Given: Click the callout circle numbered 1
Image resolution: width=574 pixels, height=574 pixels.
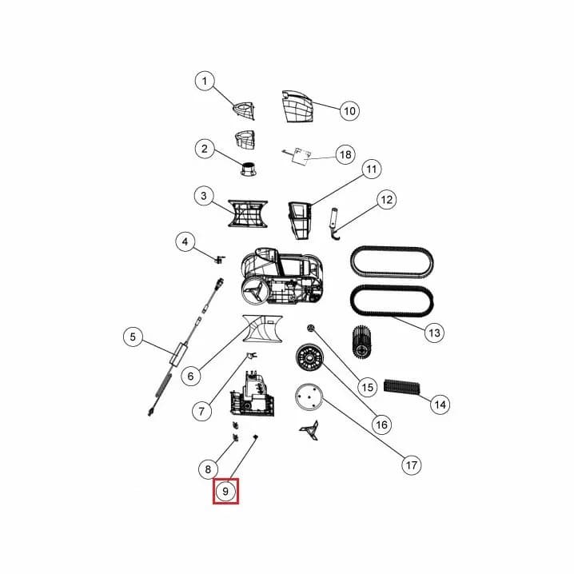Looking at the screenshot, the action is [205, 81].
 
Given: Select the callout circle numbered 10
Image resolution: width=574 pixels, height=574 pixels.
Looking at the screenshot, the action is [349, 110].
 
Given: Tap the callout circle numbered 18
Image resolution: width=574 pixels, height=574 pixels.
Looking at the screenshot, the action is [345, 154].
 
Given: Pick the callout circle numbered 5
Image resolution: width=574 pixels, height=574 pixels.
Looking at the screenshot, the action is [133, 337].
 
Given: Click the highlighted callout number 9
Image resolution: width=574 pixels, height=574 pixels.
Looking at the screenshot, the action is [225, 491].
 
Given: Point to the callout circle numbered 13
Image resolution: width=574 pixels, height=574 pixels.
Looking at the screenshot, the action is [434, 333].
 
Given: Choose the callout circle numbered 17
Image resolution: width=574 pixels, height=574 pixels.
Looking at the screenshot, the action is [411, 465].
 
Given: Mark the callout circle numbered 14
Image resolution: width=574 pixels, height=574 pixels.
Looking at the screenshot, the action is [440, 405].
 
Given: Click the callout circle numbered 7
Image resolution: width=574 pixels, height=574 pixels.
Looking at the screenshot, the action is [201, 411].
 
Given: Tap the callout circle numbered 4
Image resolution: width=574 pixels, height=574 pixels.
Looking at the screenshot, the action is [185, 241].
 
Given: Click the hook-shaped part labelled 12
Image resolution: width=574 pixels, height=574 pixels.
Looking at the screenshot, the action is [335, 225].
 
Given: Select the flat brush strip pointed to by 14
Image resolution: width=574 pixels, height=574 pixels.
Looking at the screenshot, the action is [401, 387].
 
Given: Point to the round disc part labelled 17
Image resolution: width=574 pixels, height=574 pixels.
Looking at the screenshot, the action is [309, 397].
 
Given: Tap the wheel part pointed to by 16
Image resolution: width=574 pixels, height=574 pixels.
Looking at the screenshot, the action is [309, 357].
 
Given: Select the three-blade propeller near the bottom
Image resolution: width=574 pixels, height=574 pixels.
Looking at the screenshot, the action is [309, 430].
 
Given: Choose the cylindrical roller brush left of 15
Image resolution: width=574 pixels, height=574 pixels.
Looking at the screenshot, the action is [362, 341].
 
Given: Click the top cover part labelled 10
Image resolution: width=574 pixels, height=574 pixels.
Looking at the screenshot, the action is [297, 106].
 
